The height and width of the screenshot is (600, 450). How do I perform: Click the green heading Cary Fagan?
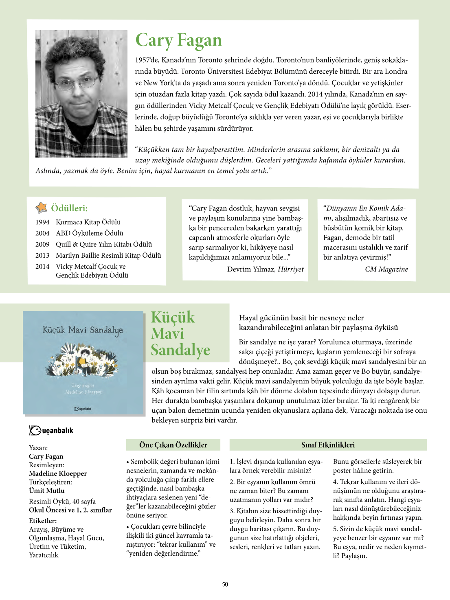click(x=178, y=40)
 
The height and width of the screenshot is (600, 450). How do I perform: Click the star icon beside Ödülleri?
click(x=41, y=208)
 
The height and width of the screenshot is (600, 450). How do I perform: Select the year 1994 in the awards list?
click(x=42, y=222)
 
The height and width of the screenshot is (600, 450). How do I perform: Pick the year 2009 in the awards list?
click(x=42, y=244)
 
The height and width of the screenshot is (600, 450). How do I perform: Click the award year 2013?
click(x=42, y=256)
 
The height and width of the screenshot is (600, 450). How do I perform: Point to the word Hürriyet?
click(x=290, y=269)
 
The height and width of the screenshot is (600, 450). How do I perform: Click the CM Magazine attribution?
click(x=386, y=269)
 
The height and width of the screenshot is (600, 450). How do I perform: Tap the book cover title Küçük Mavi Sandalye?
click(x=83, y=330)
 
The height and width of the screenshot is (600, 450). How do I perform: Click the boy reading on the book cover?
click(x=85, y=361)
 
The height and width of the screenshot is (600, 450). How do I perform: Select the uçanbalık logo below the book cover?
click(x=51, y=430)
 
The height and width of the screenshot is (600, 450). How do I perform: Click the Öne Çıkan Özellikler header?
click(x=173, y=445)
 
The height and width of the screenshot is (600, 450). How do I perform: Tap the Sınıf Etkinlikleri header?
click(x=328, y=445)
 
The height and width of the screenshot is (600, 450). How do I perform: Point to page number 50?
click(x=225, y=584)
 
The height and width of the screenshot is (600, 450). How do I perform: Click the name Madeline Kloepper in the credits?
click(x=58, y=473)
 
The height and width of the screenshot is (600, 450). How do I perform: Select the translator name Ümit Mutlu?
click(x=46, y=491)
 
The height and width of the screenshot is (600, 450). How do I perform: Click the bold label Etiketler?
click(x=43, y=521)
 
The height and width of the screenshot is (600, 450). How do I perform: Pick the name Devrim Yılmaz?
click(x=251, y=269)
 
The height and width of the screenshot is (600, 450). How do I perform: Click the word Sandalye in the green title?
click(x=180, y=350)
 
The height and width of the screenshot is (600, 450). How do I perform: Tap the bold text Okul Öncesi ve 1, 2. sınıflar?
click(x=70, y=510)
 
